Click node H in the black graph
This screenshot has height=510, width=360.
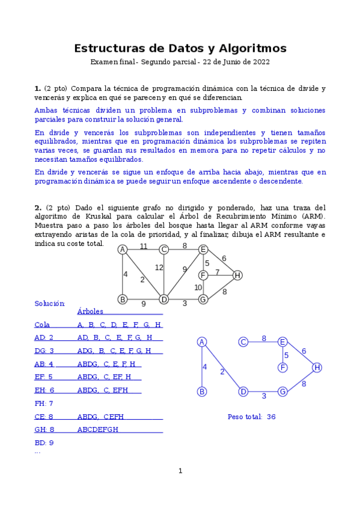pyautogui.click(x=237, y=275)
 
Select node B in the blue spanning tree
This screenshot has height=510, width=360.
pyautogui.click(x=202, y=392)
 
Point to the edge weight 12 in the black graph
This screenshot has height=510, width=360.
pyautogui.click(x=159, y=267)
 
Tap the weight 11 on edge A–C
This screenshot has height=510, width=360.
pyautogui.click(x=144, y=246)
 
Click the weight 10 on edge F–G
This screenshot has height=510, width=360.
pyautogui.click(x=198, y=287)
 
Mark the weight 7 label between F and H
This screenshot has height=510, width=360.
pyautogui.click(x=218, y=272)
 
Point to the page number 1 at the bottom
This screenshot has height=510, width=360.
pyautogui.click(x=180, y=470)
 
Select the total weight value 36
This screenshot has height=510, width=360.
pyautogui.click(x=271, y=416)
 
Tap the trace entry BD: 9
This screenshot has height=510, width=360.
pyautogui.click(x=44, y=443)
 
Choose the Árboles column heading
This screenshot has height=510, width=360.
pyautogui.click(x=90, y=312)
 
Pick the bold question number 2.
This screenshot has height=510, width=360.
pyautogui.click(x=37, y=207)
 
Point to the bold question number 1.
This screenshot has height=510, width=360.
pyautogui.click(x=37, y=88)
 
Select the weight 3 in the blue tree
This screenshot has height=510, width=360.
pyautogui.click(x=263, y=396)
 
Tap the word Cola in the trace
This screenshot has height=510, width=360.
pyautogui.click(x=42, y=325)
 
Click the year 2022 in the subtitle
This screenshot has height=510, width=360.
pyautogui.click(x=260, y=62)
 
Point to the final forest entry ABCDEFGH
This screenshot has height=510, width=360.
pyautogui.click(x=98, y=429)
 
